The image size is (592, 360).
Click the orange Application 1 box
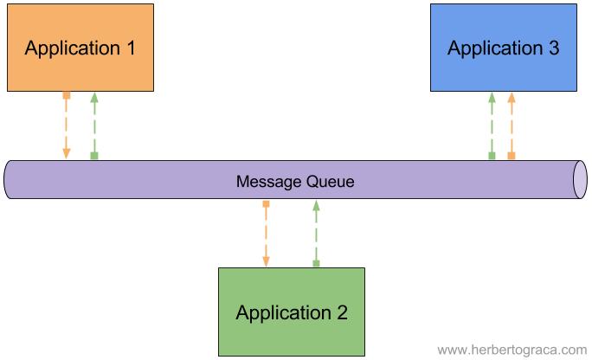(80, 48)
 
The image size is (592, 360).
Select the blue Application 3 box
(503, 48)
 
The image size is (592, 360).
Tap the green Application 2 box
(292, 312)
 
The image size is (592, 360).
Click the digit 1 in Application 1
(130, 48)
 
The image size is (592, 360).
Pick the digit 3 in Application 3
(553, 48)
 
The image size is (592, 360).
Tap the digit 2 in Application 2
(342, 312)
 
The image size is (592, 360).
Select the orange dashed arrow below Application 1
(67, 125)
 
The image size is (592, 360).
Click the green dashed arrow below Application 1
(94, 125)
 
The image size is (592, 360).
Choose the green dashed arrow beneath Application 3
(492, 125)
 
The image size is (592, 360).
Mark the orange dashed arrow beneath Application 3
(511, 125)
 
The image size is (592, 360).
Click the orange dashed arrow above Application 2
(266, 234)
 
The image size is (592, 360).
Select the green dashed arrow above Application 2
(316, 234)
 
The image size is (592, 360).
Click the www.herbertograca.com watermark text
(511, 350)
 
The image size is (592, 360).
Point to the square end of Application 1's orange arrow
(67, 94)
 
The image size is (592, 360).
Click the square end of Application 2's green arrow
(316, 264)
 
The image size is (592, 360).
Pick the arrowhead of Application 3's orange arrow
(511, 97)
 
